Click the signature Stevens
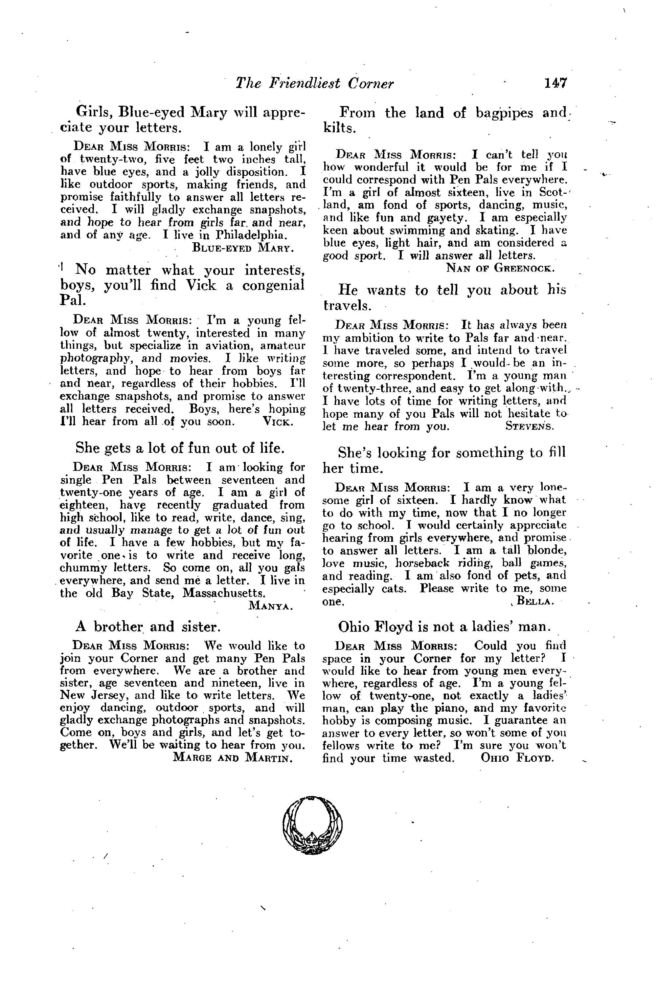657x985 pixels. click(x=530, y=426)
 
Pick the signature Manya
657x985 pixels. click(x=271, y=605)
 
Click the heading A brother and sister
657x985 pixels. click(x=147, y=626)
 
